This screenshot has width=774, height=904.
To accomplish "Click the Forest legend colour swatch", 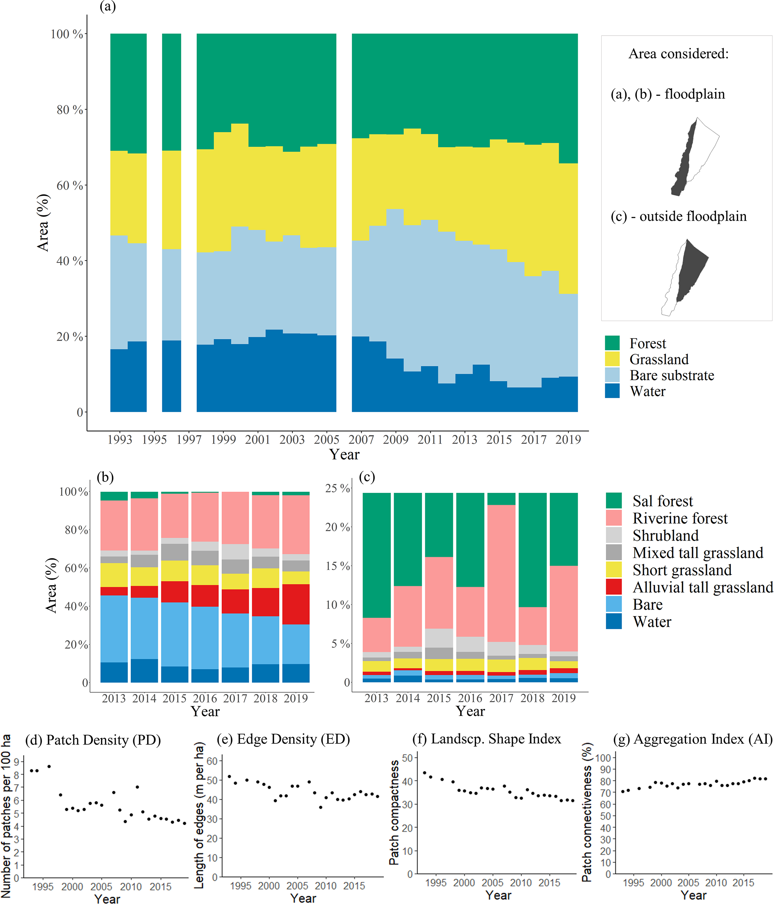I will pyautogui.click(x=612, y=343).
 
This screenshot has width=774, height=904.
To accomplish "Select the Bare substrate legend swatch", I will pyautogui.click(x=612, y=375).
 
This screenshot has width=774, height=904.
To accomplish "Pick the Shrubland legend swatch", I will pyautogui.click(x=613, y=535).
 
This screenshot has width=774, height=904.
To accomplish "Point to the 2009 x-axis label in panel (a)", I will pyautogui.click(x=395, y=439).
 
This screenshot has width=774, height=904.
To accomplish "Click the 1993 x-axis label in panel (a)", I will pyautogui.click(x=119, y=439).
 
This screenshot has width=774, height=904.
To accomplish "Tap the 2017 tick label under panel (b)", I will pyautogui.click(x=235, y=698).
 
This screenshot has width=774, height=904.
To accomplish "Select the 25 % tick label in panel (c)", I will pyautogui.click(x=337, y=488).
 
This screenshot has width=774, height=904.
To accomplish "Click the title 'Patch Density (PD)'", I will pyautogui.click(x=103, y=740).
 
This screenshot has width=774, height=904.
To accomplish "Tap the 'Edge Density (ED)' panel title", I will pyautogui.click(x=293, y=740).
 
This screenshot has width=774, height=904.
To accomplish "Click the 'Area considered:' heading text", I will pyautogui.click(x=679, y=54).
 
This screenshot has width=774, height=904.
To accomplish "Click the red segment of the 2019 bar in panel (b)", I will pyautogui.click(x=296, y=604).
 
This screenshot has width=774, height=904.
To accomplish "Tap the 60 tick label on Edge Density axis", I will pyautogui.click(x=212, y=761).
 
